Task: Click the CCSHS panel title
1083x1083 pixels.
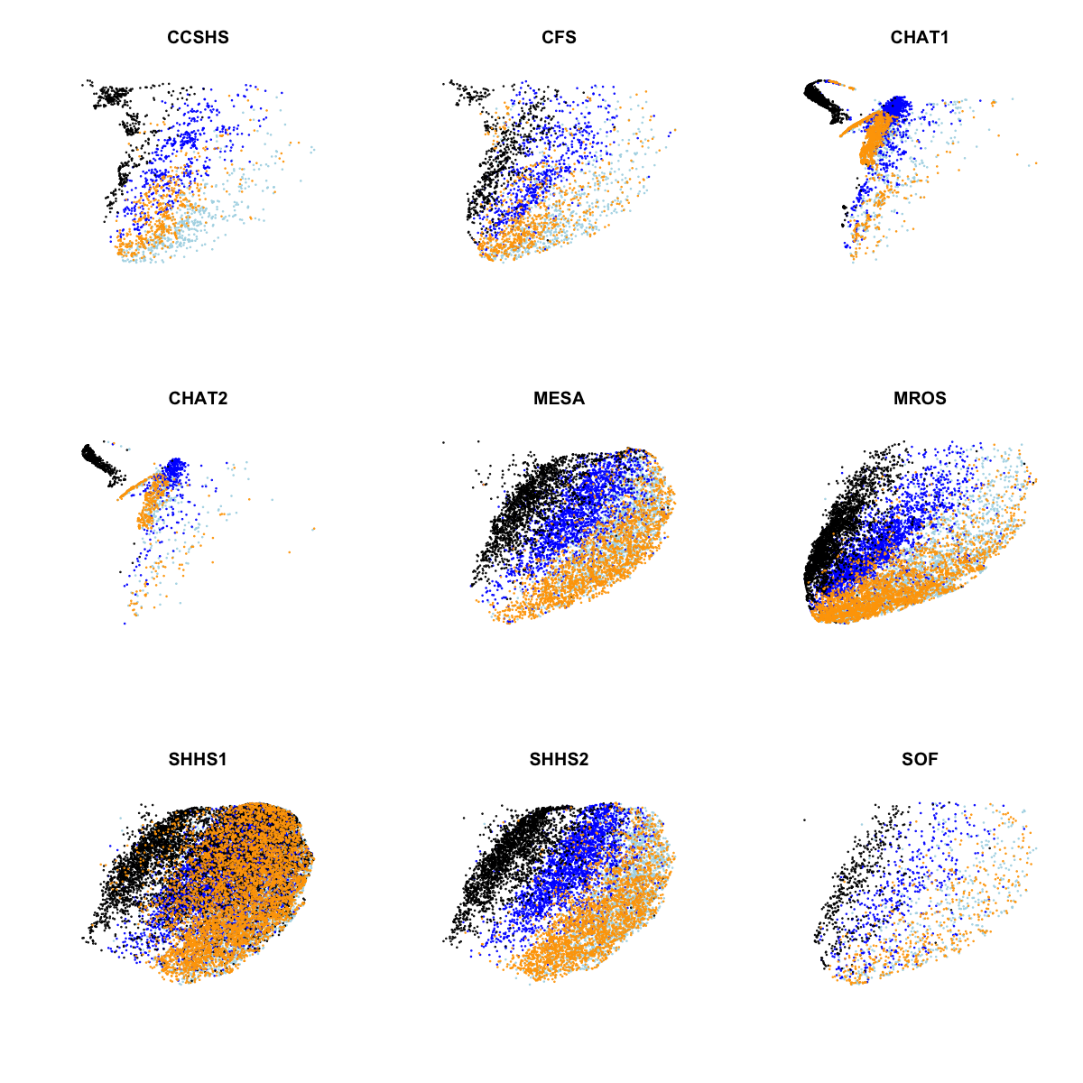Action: (x=198, y=38)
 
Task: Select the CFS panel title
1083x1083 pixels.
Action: (x=559, y=38)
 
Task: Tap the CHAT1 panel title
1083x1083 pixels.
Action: (x=920, y=38)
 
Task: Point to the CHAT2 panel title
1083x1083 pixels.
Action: (x=198, y=399)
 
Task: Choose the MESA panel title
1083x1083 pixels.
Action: (x=559, y=399)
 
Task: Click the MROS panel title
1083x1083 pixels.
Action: (x=920, y=399)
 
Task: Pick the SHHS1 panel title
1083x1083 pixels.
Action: (x=198, y=760)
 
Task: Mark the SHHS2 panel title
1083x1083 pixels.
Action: (x=559, y=760)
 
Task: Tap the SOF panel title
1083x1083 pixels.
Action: (x=920, y=760)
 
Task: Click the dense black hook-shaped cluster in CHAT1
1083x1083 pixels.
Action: (x=821, y=94)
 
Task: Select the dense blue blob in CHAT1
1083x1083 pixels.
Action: (x=897, y=106)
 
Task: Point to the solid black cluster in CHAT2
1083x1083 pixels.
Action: (x=94, y=457)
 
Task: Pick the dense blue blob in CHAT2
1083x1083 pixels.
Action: (x=174, y=467)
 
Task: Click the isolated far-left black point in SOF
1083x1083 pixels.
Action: (x=804, y=819)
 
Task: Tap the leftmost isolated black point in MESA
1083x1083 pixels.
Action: (x=443, y=442)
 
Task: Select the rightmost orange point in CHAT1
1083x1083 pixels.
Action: (x=1036, y=163)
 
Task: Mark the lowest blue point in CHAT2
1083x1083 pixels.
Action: (x=125, y=623)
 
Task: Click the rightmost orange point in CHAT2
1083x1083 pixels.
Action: (x=314, y=529)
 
